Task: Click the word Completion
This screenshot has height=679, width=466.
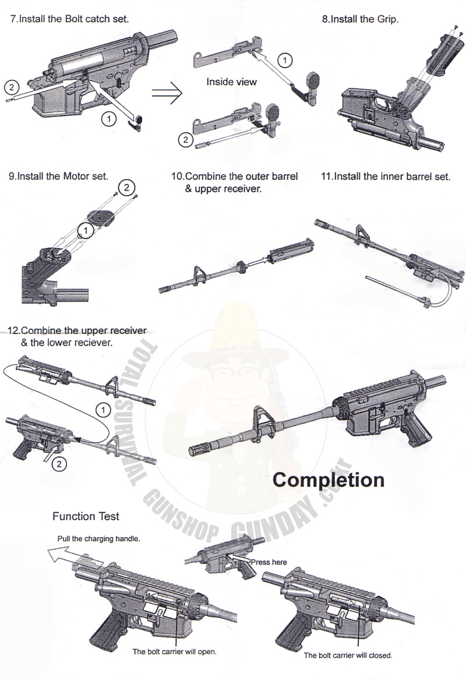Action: pos(329,480)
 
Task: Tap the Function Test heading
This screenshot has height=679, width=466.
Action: pos(86,516)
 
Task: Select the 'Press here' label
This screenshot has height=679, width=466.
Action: pos(269,562)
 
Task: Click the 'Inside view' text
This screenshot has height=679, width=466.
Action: pos(231,82)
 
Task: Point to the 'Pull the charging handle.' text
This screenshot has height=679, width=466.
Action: pos(98,539)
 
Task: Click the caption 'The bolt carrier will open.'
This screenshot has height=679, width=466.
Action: pos(175,652)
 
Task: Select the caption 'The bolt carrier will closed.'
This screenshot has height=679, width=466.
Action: pos(348,655)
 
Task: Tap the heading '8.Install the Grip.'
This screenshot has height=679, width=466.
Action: pos(360,19)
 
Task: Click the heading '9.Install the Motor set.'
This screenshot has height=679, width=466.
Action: pos(58,176)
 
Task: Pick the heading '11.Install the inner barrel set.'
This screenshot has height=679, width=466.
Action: pos(386,176)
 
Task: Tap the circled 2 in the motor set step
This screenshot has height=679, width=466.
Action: pos(128,187)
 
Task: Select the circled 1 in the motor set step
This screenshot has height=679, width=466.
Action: pos(86,231)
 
